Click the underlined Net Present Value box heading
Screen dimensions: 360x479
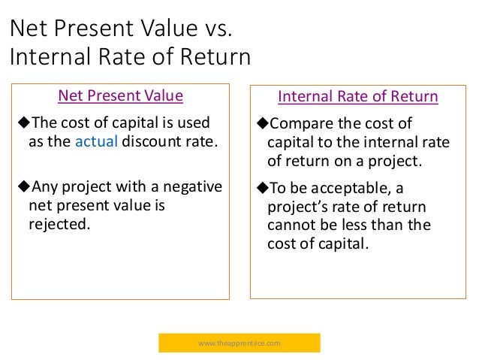point(120,95)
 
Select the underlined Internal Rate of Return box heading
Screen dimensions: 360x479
point(357,97)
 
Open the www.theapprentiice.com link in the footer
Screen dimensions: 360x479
point(239,343)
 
